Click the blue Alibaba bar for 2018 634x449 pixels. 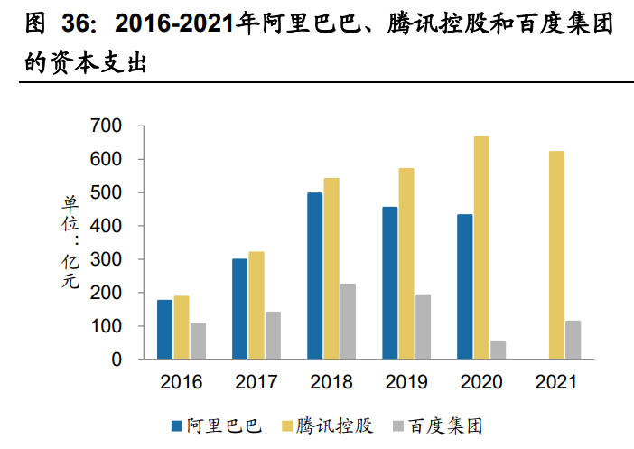[x=314, y=276]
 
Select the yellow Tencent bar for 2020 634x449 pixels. [x=481, y=248]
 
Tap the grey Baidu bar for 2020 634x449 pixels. [x=498, y=350]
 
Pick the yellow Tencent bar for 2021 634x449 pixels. [x=556, y=255]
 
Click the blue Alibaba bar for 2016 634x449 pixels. [x=164, y=329]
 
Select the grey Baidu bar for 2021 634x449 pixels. [x=573, y=340]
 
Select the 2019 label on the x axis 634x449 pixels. [x=406, y=382]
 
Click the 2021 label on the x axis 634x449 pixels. [x=556, y=382]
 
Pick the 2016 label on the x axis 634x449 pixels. [x=182, y=382]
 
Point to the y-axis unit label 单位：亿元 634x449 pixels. [x=70, y=242]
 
